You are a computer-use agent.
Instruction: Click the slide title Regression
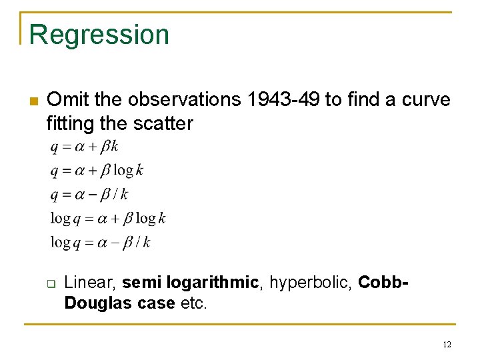pos(99,35)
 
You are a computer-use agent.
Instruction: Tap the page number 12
pos(447,344)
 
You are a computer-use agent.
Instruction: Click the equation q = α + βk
pos(84,147)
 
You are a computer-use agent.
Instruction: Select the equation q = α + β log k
pos(97,171)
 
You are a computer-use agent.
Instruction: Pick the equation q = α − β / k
pos(89,195)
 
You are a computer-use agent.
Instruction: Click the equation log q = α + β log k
pos(108,218)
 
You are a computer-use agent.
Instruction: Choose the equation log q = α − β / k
pos(100,242)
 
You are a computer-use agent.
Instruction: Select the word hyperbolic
pos(310,283)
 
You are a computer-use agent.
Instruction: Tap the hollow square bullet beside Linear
pos(50,283)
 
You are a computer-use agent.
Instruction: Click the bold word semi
pos(143,283)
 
